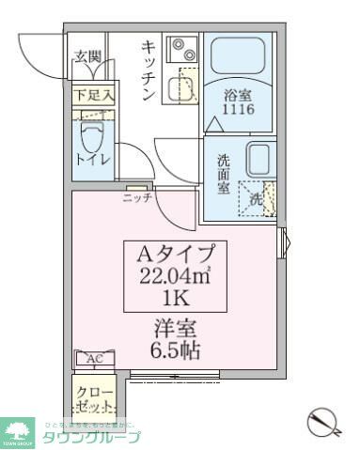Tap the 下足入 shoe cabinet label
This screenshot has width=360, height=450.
tap(95, 94)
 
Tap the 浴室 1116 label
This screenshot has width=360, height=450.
tap(237, 103)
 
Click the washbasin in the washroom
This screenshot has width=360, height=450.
tap(258, 159)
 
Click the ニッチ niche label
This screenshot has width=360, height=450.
tap(136, 197)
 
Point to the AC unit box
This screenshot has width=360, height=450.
tap(95, 359)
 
